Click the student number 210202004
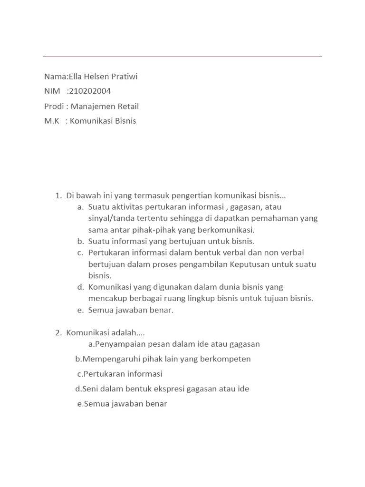[x=90, y=91]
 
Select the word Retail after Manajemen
[x=125, y=106]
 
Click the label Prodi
[x=53, y=106]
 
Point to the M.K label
[x=52, y=121]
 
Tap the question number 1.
[x=58, y=195]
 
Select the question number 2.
[x=58, y=332]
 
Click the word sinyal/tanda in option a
[x=110, y=218]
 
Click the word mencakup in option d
[x=106, y=299]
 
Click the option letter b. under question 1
[x=80, y=241]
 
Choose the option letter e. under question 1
[x=80, y=310]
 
